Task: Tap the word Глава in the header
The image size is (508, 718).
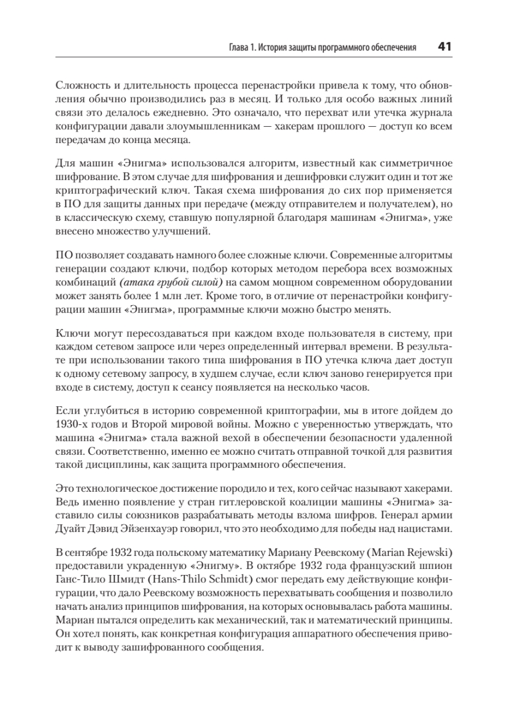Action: point(226,47)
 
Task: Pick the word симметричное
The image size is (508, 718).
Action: point(413,163)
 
